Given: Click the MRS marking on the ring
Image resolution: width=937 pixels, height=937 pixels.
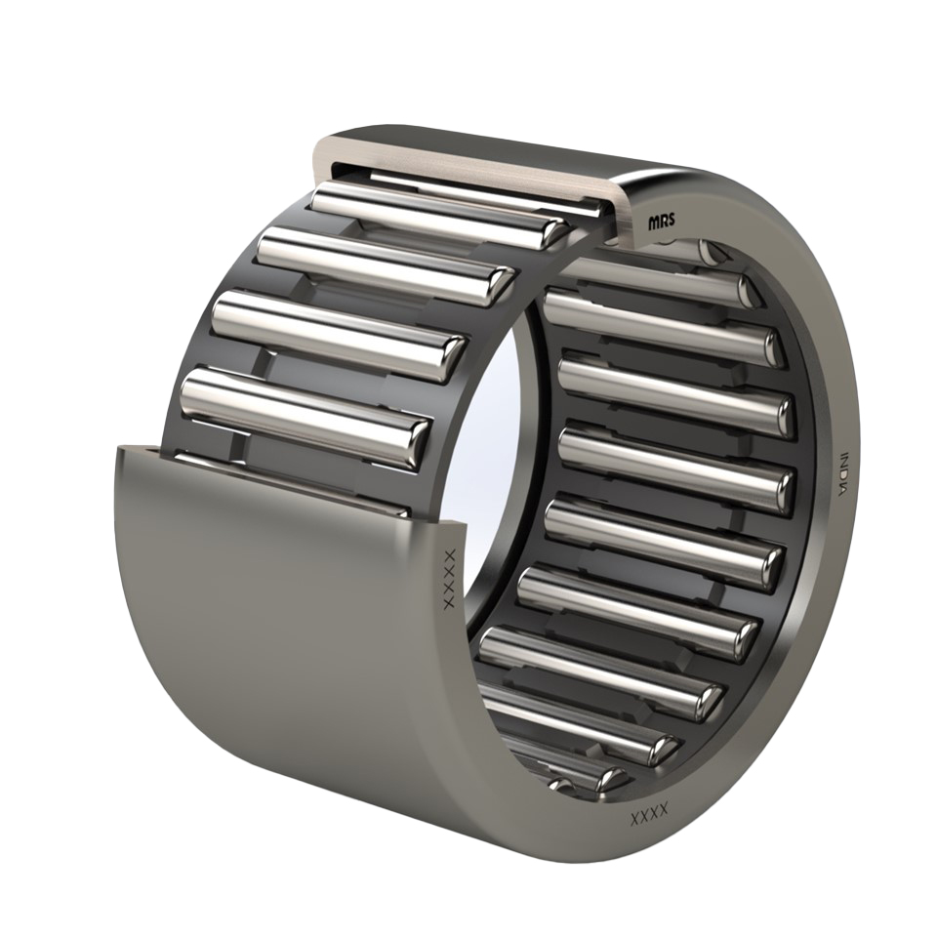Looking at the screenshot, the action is pyautogui.click(x=662, y=222).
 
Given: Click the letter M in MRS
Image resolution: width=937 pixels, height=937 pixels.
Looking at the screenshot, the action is pyautogui.click(x=653, y=222).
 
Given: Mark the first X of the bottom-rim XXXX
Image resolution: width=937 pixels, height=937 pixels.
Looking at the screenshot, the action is pyautogui.click(x=635, y=819).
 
